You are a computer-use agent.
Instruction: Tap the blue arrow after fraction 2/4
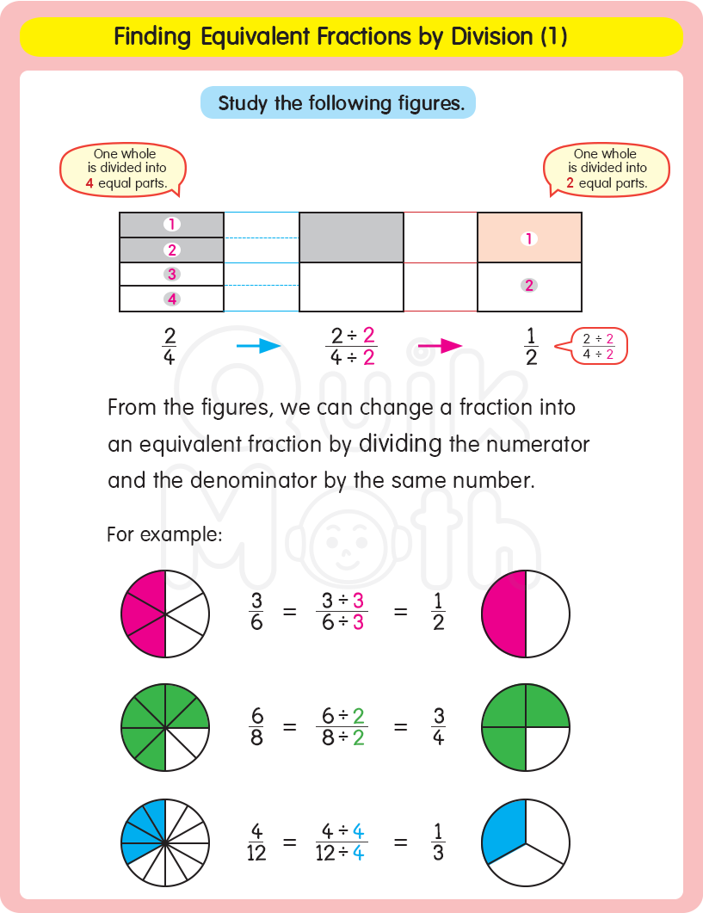[x=258, y=346]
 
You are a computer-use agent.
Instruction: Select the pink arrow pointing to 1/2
[x=440, y=346]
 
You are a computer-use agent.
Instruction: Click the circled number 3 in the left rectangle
[x=172, y=275]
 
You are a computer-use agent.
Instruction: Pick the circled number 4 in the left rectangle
[x=172, y=299]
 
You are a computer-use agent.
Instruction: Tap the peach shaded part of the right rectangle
[x=529, y=238]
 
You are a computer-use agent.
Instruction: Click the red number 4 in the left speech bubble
[x=89, y=183]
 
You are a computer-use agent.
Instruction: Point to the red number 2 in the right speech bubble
[x=570, y=183]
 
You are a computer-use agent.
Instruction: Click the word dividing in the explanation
[x=399, y=444]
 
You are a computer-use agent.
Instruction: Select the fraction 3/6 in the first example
[x=256, y=612]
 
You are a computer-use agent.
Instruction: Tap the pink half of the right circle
[x=504, y=614]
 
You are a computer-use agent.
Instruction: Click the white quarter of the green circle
[x=546, y=749]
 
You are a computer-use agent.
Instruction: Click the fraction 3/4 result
[x=439, y=726]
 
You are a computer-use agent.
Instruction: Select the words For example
[x=164, y=534]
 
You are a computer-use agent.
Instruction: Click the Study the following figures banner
[x=337, y=103]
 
